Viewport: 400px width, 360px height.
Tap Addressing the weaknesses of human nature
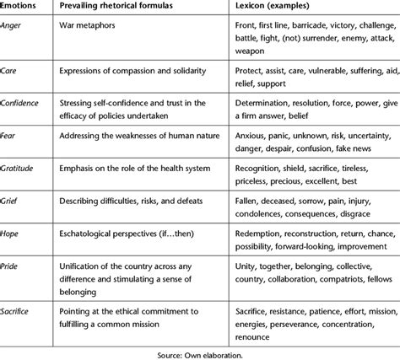pyautogui.click(x=145, y=135)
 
